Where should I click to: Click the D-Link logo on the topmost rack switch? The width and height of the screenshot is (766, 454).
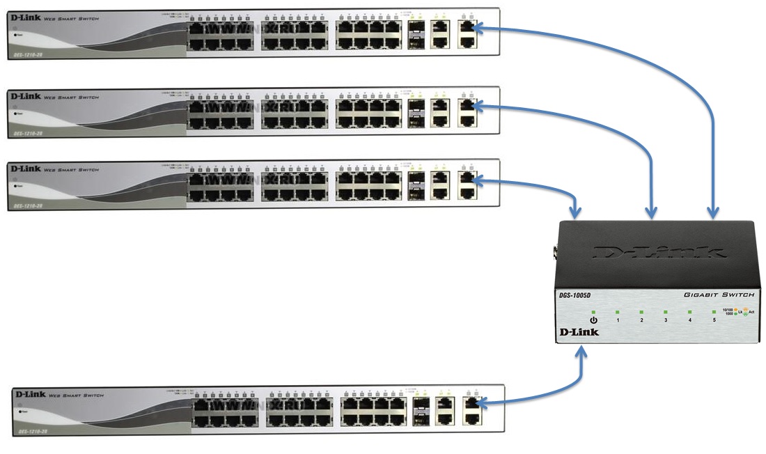click(x=26, y=16)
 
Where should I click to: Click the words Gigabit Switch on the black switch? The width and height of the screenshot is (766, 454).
click(x=719, y=295)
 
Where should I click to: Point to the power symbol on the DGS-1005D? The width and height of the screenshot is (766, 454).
click(x=593, y=320)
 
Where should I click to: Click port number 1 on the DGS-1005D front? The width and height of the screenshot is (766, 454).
click(x=617, y=320)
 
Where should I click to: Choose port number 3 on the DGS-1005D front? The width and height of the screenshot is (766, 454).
click(x=666, y=320)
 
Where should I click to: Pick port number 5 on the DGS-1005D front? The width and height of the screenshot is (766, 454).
click(x=714, y=320)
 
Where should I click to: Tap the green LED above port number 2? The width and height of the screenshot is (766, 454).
click(x=641, y=312)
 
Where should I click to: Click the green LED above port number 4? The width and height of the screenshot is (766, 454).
click(x=689, y=312)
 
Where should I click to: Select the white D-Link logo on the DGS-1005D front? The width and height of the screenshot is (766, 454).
click(x=579, y=332)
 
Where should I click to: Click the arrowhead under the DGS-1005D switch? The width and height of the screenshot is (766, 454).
click(x=583, y=355)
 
